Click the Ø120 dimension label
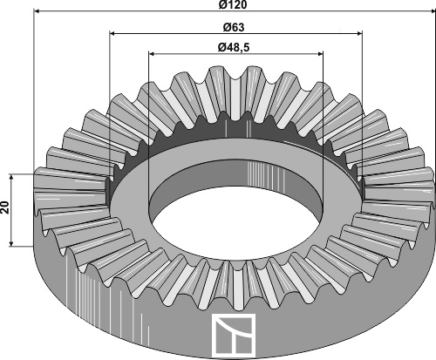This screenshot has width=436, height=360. click(233, 5)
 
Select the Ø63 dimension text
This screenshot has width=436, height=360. click(234, 28)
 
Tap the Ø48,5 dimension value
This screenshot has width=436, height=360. click(234, 47)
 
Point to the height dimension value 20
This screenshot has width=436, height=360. click(5, 207)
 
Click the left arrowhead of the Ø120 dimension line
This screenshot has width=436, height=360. click(37, 11)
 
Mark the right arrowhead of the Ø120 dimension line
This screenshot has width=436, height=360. click(433, 11)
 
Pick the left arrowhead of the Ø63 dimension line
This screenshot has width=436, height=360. click(112, 34)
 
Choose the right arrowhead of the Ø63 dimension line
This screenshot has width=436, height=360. click(359, 34)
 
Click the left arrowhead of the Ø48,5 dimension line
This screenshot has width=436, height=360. click(152, 53)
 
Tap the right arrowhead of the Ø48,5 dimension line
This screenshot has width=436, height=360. click(320, 53)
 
